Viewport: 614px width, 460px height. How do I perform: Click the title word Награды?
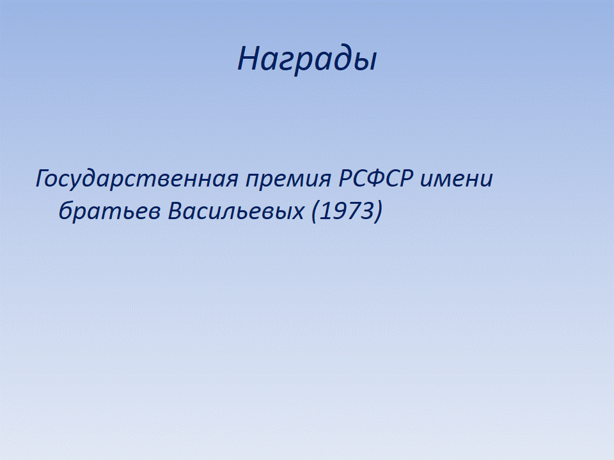(307, 59)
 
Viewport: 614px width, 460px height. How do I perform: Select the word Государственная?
(137, 180)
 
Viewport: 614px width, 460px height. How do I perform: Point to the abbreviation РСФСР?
(376, 178)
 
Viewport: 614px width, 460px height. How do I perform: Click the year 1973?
(347, 211)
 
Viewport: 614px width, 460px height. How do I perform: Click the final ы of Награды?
(363, 62)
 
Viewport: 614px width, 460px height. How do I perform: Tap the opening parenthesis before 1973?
(315, 211)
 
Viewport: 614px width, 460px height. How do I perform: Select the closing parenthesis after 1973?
(377, 211)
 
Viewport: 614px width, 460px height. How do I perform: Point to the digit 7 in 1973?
(354, 211)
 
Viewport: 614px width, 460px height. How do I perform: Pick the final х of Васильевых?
(297, 213)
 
